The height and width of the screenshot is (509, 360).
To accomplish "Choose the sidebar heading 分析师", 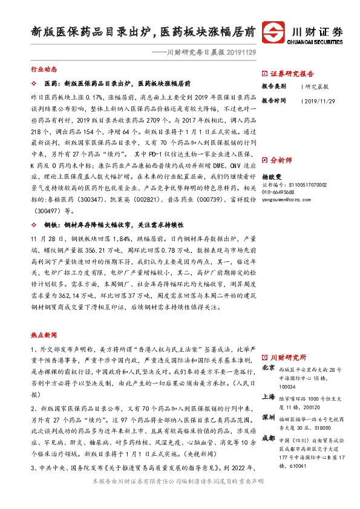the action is click(x=281, y=161).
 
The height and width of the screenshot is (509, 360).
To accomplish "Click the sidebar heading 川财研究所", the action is click(x=288, y=357).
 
